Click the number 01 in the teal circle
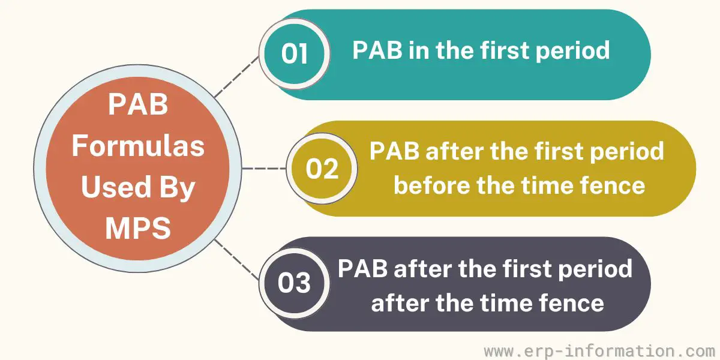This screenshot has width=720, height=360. point(295,53)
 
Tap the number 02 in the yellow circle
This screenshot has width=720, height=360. point(322,169)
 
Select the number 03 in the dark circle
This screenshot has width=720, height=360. point(294,283)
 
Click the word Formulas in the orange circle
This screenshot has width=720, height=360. point(138,146)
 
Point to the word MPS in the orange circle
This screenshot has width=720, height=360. point(138,228)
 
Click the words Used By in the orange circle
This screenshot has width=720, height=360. point(138,188)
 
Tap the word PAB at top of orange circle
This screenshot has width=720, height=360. point(138,104)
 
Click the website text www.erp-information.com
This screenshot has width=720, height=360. point(599,351)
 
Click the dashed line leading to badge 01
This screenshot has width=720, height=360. point(236,77)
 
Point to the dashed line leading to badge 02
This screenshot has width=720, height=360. point(264,168)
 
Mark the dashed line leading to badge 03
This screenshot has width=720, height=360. point(237,260)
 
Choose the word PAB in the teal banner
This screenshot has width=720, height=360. point(377,50)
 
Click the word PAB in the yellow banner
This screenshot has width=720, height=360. point(394,151)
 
